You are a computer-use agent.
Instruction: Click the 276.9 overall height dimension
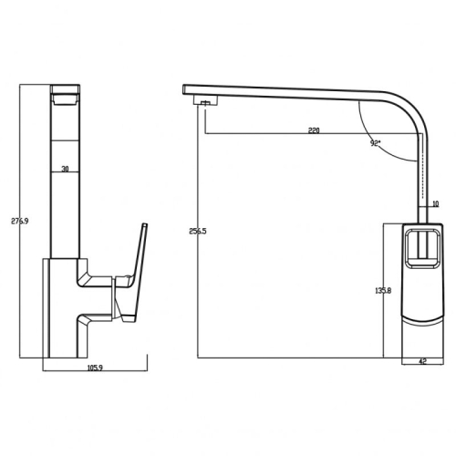pos(20,222)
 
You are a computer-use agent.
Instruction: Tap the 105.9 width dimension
pos(95,368)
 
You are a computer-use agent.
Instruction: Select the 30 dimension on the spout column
pos(65,169)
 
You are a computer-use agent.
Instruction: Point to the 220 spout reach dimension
pos(314,130)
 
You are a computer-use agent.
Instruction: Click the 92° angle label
pos(376,143)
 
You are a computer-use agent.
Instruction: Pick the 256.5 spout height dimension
pos(198,231)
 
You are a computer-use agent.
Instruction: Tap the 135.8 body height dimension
pos(383,291)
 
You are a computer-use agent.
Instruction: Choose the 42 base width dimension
pos(423,361)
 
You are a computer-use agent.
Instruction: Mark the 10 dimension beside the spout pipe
pos(436,203)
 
